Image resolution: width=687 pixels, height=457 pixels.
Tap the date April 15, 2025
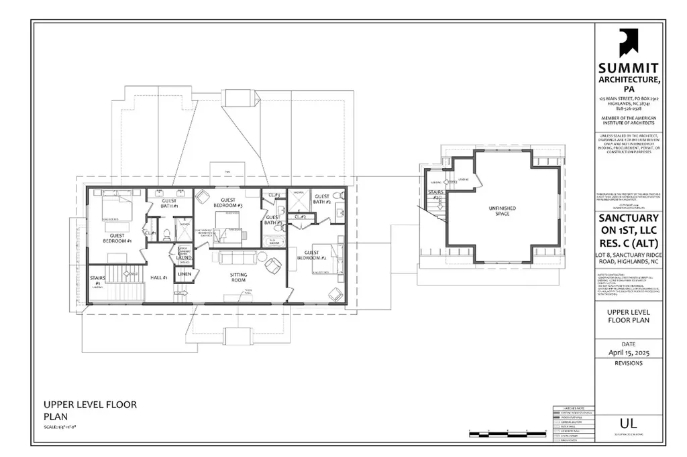(629, 352)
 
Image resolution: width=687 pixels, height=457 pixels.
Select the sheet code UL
(629, 423)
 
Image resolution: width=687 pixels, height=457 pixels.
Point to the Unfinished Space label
(502, 211)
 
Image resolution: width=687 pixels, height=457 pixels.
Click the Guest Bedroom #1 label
(117, 237)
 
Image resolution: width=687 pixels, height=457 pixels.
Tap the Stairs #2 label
(434, 195)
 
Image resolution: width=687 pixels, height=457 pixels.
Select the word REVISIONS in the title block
(629, 363)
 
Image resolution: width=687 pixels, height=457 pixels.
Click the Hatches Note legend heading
(566, 407)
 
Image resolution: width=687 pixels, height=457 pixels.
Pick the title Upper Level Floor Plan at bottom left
(90, 409)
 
